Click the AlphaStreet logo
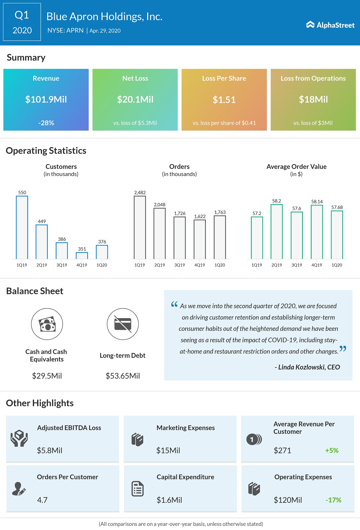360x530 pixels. (x=330, y=25)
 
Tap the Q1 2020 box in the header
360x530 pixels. (x=22, y=22)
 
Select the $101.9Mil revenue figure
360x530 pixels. (x=46, y=99)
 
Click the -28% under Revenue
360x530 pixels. (x=46, y=123)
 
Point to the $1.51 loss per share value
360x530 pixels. (x=224, y=100)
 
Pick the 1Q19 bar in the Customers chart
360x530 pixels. (x=22, y=227)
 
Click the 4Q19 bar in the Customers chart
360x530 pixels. (x=82, y=255)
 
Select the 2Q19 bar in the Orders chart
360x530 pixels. (x=159, y=233)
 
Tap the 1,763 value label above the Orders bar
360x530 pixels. (x=220, y=212)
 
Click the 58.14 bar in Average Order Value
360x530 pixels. (x=317, y=232)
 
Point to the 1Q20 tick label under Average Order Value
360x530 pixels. (x=337, y=265)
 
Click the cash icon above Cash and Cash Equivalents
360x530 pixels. (x=47, y=324)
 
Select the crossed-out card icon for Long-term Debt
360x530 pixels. (x=123, y=324)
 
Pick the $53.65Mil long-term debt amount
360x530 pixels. (x=123, y=376)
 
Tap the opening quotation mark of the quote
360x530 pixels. (x=174, y=304)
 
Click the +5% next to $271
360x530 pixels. (x=332, y=450)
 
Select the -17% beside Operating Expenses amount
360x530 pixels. (x=333, y=500)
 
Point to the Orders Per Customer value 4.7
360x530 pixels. (x=42, y=500)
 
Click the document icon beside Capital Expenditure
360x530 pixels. (x=138, y=489)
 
